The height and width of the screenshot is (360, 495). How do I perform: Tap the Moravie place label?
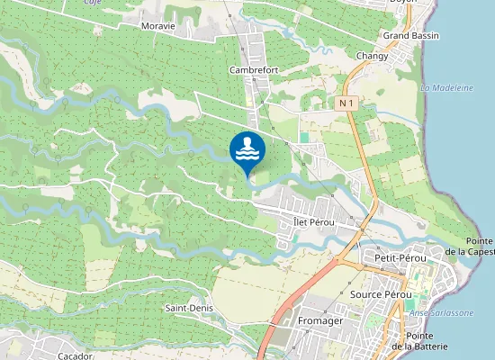coord(157,26)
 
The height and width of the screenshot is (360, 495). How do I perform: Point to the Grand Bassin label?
coord(410,35)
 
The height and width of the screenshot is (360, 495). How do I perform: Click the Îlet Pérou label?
coord(314,221)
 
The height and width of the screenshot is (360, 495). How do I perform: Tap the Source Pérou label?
coord(381,294)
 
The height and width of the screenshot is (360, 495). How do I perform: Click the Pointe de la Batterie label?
coord(421,340)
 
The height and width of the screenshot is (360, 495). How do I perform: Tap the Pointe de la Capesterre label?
coord(479,246)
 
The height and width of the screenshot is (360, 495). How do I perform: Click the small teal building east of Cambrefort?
coord(304,138)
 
